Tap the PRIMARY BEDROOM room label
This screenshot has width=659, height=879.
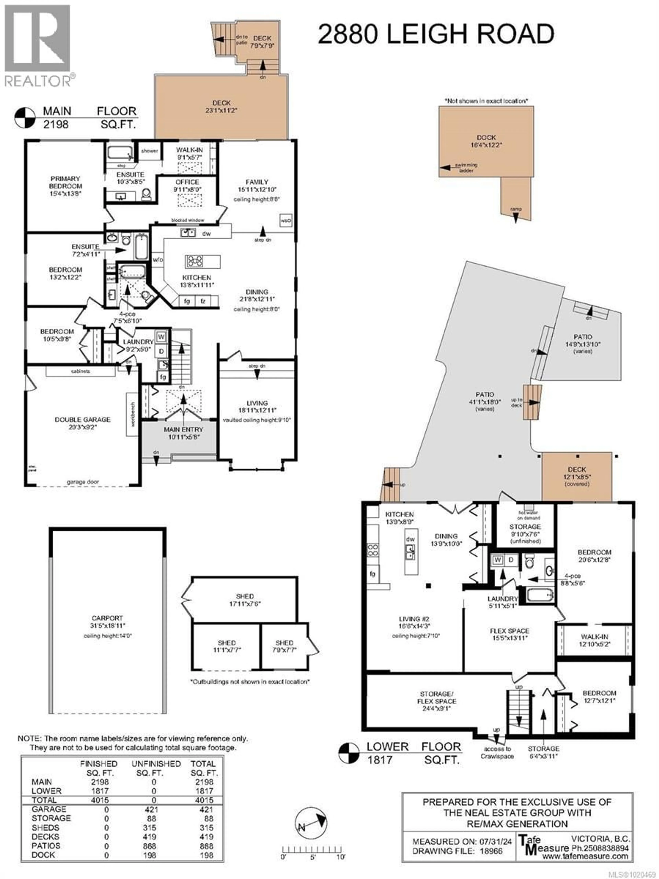(66, 186)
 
